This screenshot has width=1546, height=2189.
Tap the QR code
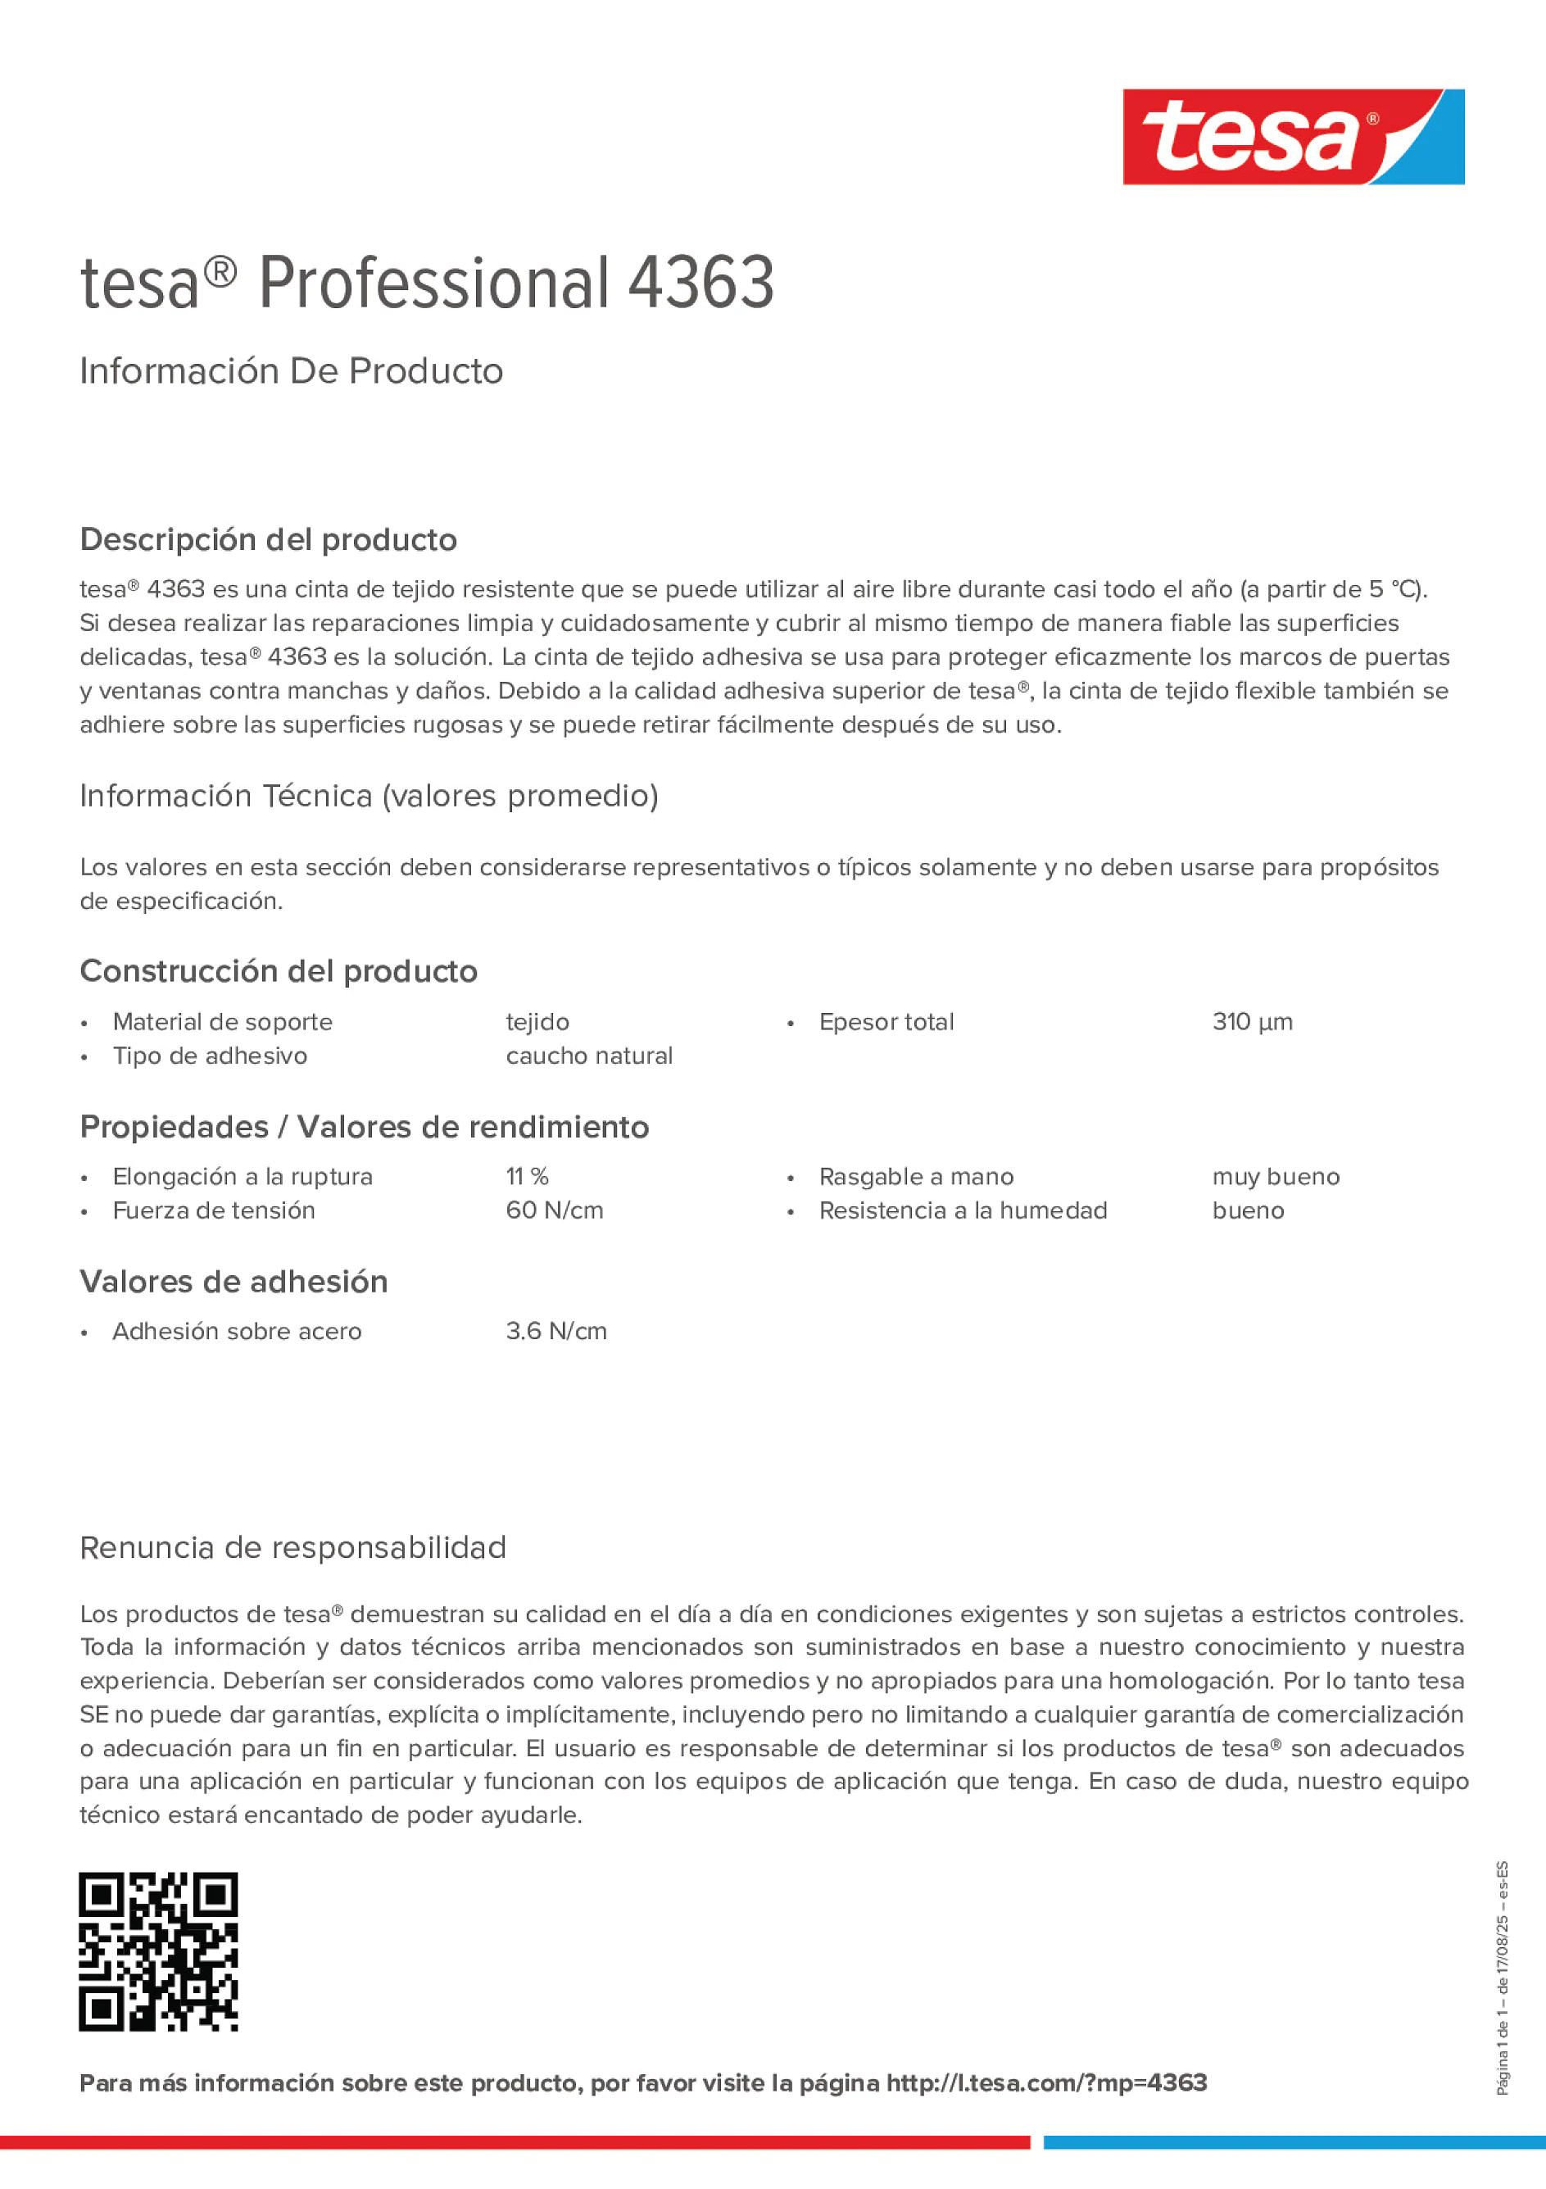[x=158, y=1951]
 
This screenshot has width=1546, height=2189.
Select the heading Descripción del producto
[x=268, y=539]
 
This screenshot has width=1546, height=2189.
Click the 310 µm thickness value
[x=1252, y=1022]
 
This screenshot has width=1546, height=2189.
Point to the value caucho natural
[x=588, y=1056]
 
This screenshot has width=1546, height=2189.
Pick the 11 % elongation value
[x=527, y=1177]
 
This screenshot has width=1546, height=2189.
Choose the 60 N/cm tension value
[x=554, y=1210]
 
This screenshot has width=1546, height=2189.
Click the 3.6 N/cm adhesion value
[x=555, y=1331]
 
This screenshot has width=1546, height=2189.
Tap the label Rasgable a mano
[x=916, y=1177]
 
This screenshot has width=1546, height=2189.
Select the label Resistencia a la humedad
[x=963, y=1210]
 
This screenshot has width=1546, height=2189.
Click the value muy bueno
[x=1276, y=1177]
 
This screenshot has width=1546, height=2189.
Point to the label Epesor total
[x=886, y=1022]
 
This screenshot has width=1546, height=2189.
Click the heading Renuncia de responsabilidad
[x=292, y=1547]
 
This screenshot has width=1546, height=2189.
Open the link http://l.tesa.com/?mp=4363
[x=1046, y=2082]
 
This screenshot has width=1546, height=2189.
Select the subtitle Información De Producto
[x=291, y=371]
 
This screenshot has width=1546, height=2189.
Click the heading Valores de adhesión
[x=233, y=1282]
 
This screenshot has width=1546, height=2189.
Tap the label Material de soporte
[x=222, y=1022]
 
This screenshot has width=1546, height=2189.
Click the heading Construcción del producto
[x=279, y=971]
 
